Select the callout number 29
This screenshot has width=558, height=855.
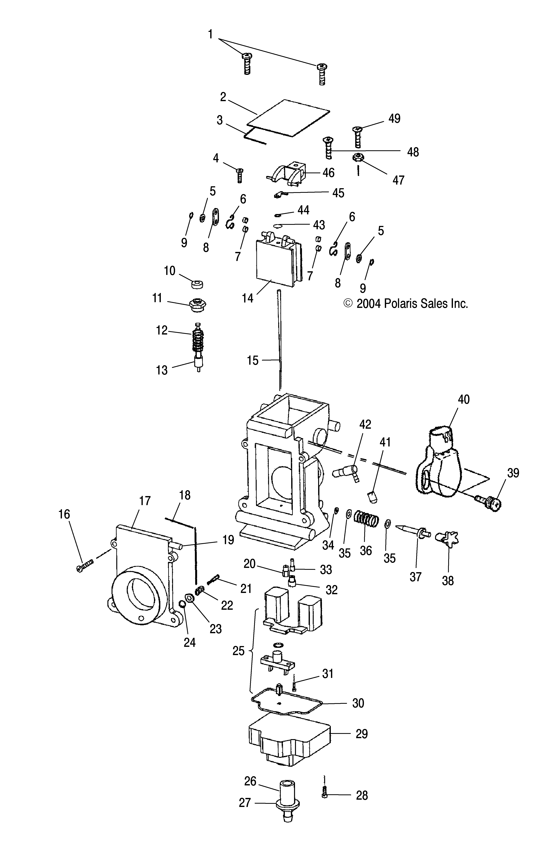(x=362, y=734)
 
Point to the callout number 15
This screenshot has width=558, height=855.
(x=252, y=360)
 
